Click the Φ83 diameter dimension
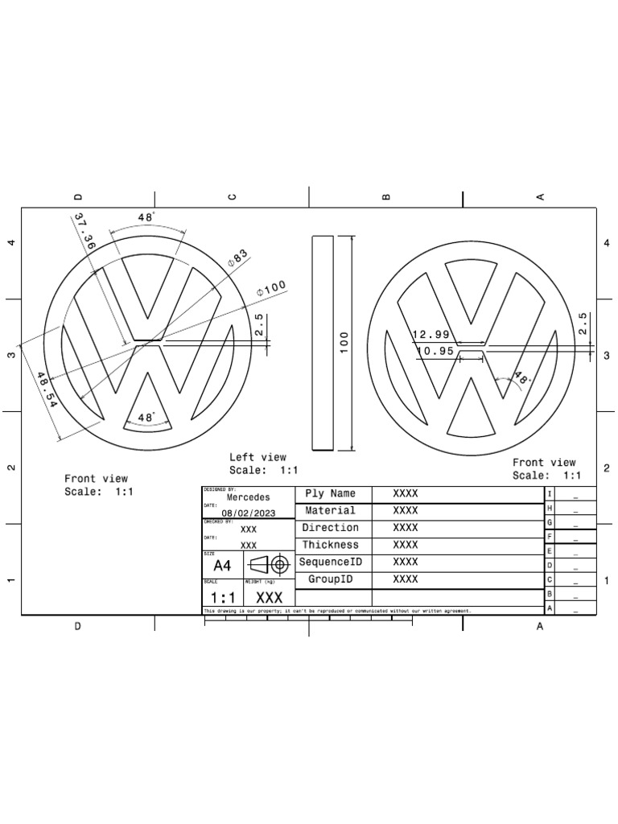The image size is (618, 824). (x=239, y=258)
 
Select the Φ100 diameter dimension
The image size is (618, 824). (x=271, y=289)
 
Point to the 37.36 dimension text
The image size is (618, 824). (x=84, y=230)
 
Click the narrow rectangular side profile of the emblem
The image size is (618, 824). (x=322, y=342)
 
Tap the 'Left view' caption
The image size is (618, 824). (x=257, y=457)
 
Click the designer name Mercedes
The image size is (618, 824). (x=249, y=497)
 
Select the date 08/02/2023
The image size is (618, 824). (x=249, y=513)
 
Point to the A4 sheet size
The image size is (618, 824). (x=222, y=566)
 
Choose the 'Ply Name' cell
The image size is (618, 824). (x=330, y=493)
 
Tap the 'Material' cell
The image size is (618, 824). (x=330, y=510)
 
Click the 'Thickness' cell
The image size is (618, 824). (x=330, y=545)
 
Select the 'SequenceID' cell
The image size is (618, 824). (x=330, y=562)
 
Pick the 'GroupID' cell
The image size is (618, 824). (x=330, y=579)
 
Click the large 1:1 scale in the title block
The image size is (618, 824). (x=223, y=598)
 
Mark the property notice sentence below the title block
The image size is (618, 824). (x=338, y=612)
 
